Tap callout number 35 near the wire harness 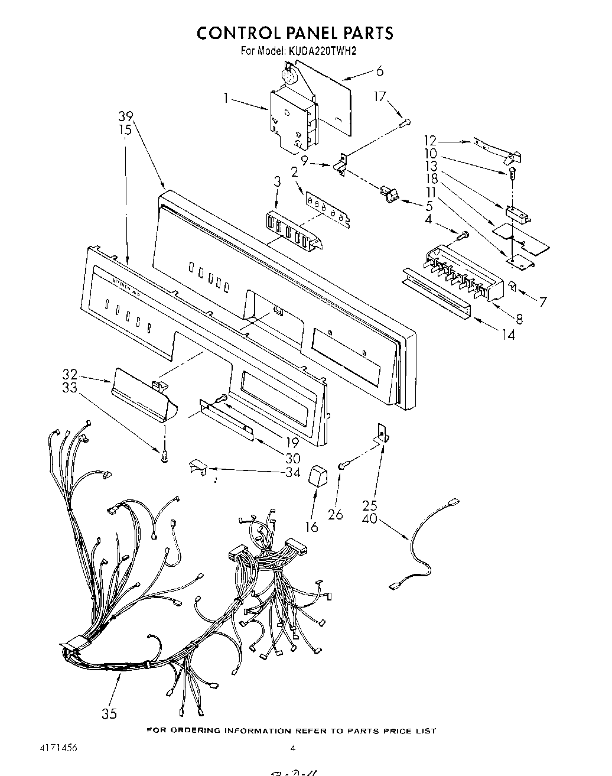pos(109,713)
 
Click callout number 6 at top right pos(379,71)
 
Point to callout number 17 pos(380,96)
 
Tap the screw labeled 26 pos(342,467)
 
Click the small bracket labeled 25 pos(382,434)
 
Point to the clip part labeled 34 pos(197,467)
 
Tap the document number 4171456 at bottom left pos(57,748)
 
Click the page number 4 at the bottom pos(292,748)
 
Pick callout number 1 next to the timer pos(227,98)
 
